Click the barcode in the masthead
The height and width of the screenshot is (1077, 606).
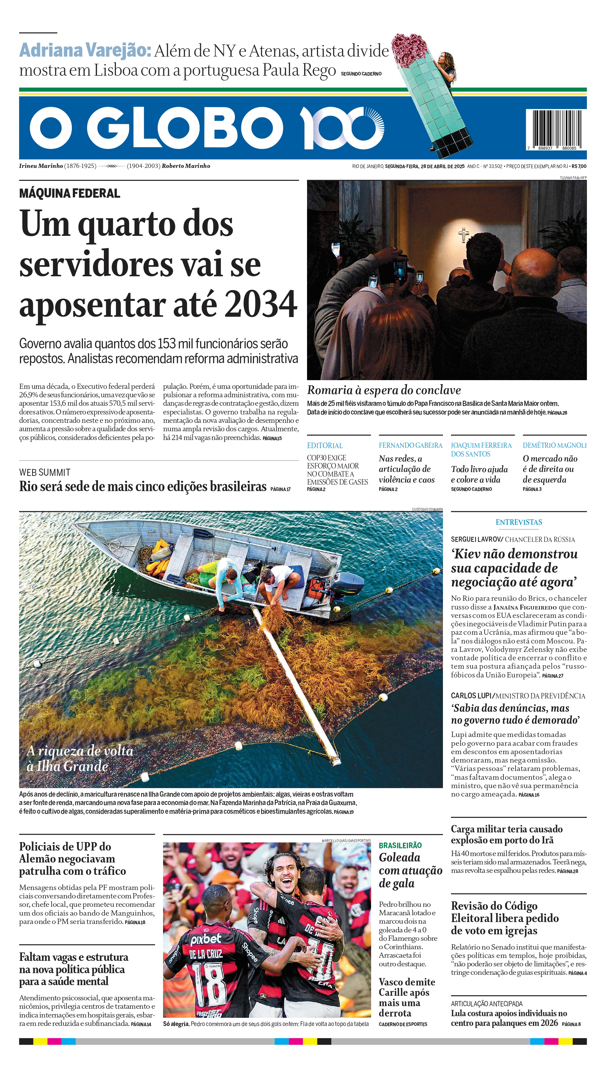pos(556,130)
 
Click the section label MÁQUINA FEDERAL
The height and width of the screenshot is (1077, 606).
pos(70,193)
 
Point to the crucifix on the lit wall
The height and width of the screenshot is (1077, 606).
pos(463,235)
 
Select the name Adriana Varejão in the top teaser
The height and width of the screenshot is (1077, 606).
pos(85,50)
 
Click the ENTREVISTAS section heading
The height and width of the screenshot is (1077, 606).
pos(518,522)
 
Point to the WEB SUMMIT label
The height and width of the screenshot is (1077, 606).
pos(45,472)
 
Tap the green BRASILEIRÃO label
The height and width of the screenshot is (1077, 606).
pos(400,845)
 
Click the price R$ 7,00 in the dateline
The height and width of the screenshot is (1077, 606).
pos(579,166)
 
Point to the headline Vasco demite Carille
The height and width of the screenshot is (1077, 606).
pos(406,997)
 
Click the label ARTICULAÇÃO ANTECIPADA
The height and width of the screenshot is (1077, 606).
pos(486,1004)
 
